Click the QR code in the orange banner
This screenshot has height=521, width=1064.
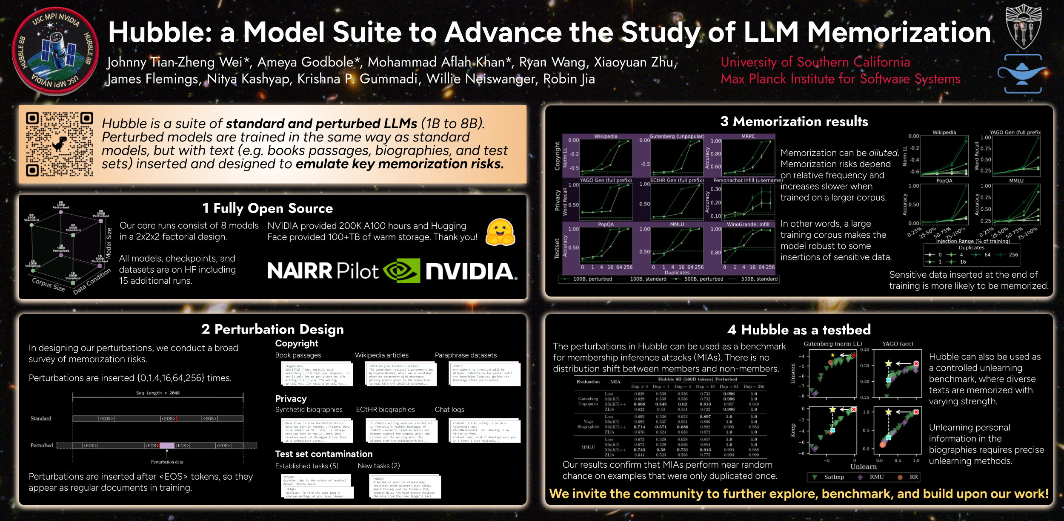pos(59,144)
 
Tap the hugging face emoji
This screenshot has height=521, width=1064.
pos(501,233)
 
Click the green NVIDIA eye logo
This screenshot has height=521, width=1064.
pos(401,271)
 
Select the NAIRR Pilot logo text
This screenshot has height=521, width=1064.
pos(323,271)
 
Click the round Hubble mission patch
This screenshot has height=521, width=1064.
pos(55,51)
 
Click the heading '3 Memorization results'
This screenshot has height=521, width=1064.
pos(794,121)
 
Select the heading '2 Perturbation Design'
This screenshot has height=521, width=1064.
pos(272,329)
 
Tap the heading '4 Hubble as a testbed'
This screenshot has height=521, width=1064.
pos(799,330)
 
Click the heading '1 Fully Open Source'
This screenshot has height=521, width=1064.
pos(268,208)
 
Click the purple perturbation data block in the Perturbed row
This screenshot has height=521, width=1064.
pos(167,446)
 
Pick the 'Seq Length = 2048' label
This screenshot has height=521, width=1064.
pos(157,393)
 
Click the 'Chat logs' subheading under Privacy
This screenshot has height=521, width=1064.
pos(449,409)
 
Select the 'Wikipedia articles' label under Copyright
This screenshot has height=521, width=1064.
pos(382,355)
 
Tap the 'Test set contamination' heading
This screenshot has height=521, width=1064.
pos(323,454)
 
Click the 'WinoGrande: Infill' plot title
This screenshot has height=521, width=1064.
pos(748,225)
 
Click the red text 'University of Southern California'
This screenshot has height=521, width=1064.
pos(815,62)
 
